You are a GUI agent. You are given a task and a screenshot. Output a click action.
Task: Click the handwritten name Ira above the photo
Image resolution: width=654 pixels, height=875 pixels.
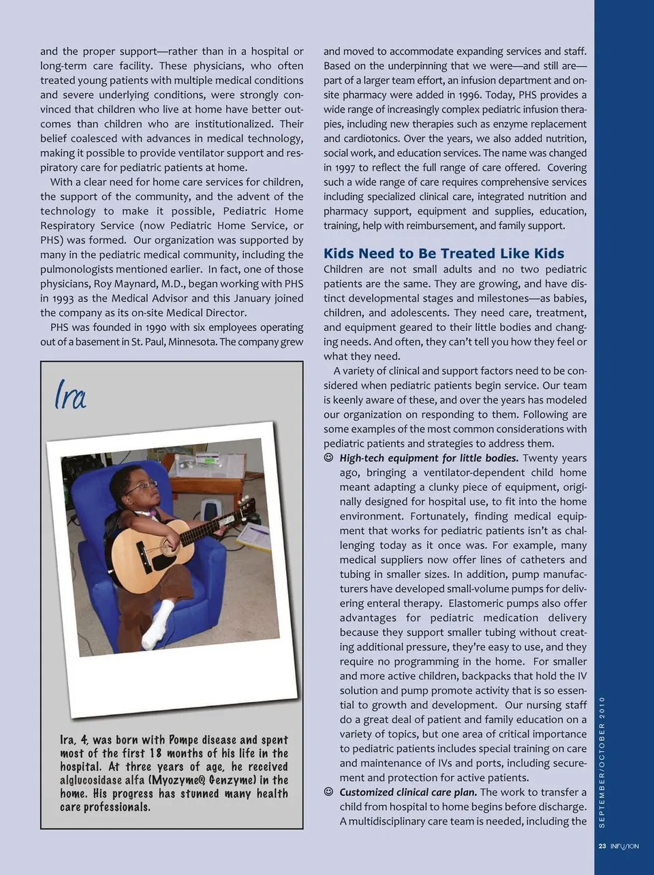coord(70,396)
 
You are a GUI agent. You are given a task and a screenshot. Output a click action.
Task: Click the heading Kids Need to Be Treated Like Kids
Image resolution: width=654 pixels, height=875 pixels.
coord(443,253)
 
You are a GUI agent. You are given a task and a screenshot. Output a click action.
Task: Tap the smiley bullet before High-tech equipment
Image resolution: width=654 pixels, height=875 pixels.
coord(329,458)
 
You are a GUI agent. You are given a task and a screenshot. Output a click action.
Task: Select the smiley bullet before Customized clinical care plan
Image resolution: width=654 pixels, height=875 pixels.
coord(329,792)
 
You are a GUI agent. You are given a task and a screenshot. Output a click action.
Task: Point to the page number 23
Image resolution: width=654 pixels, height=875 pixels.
coord(602,846)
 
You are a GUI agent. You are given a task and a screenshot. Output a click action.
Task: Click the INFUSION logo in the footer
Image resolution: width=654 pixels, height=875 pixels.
coord(625,846)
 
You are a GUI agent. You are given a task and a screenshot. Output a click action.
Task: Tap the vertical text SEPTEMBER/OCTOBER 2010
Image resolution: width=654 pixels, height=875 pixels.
coord(602,763)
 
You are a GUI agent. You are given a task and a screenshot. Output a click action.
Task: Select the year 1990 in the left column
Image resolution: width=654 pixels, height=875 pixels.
coord(155,328)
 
